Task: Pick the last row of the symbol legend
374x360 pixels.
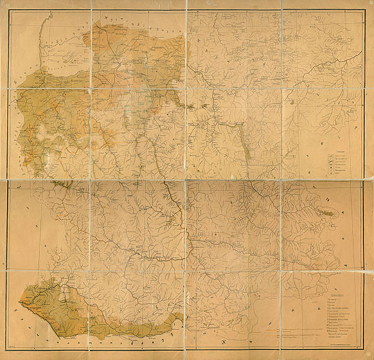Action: pyautogui.click(x=337, y=177)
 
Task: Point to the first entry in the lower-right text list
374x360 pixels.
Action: pyautogui.click(x=331, y=298)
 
